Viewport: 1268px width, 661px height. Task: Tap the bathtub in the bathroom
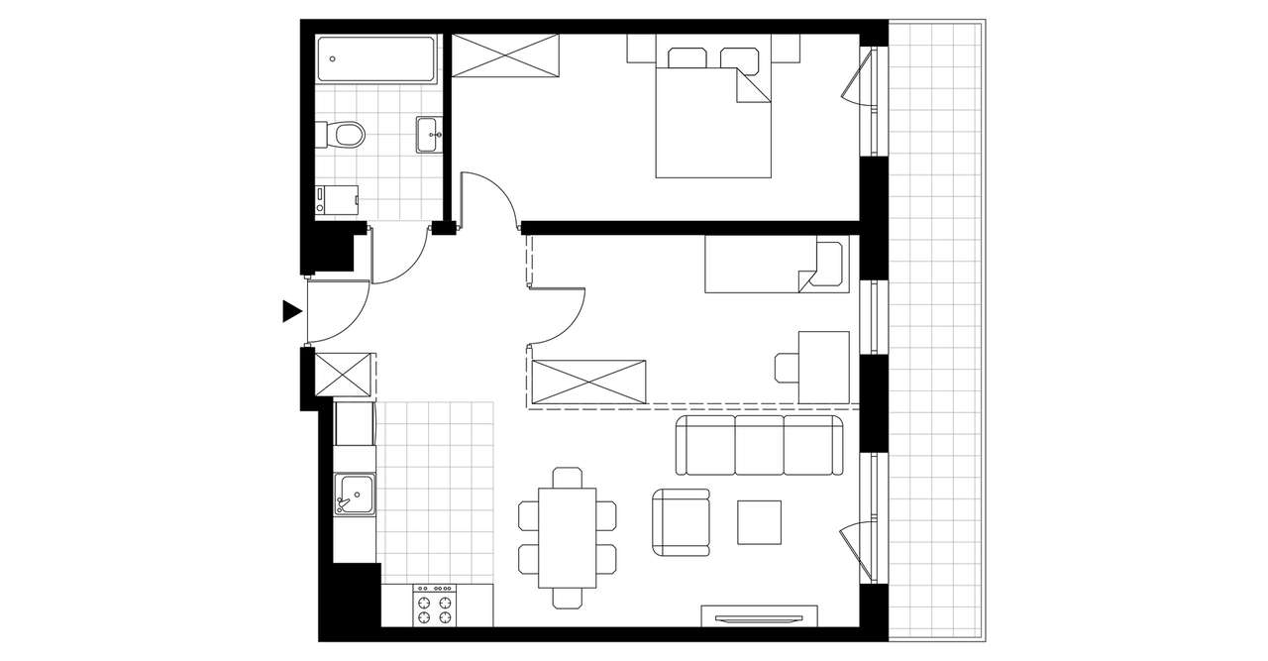tap(375, 60)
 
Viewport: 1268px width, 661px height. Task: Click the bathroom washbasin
tap(429, 135)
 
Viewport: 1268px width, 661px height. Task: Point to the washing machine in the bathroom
tap(336, 201)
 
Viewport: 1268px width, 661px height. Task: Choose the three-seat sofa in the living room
tap(760, 446)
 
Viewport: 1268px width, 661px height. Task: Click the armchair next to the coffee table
tap(682, 521)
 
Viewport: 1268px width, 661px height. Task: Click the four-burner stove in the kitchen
tap(435, 605)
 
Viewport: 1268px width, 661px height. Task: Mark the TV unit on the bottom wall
tap(760, 615)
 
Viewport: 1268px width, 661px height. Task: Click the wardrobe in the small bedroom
tap(589, 382)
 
